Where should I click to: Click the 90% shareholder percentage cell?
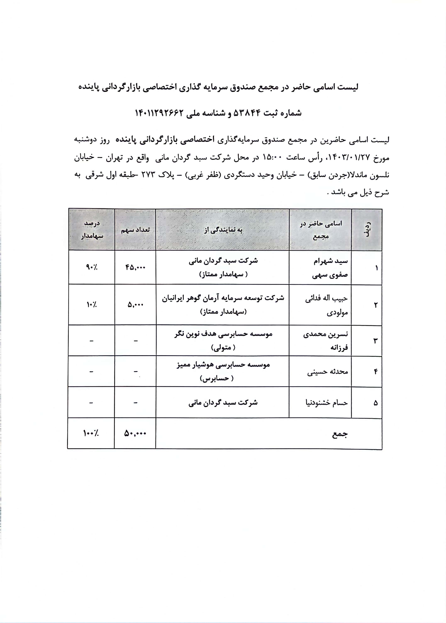(x=91, y=267)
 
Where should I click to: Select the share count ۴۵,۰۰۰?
(x=135, y=267)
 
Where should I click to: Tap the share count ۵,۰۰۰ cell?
(x=135, y=305)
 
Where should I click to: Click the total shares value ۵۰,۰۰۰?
(x=135, y=433)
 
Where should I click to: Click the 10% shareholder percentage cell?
(x=91, y=305)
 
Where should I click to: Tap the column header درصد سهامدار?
(x=92, y=230)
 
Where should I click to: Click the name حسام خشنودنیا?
(x=327, y=403)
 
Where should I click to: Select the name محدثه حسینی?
(x=327, y=372)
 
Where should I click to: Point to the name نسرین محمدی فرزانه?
(x=326, y=341)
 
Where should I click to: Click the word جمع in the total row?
(x=340, y=434)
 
